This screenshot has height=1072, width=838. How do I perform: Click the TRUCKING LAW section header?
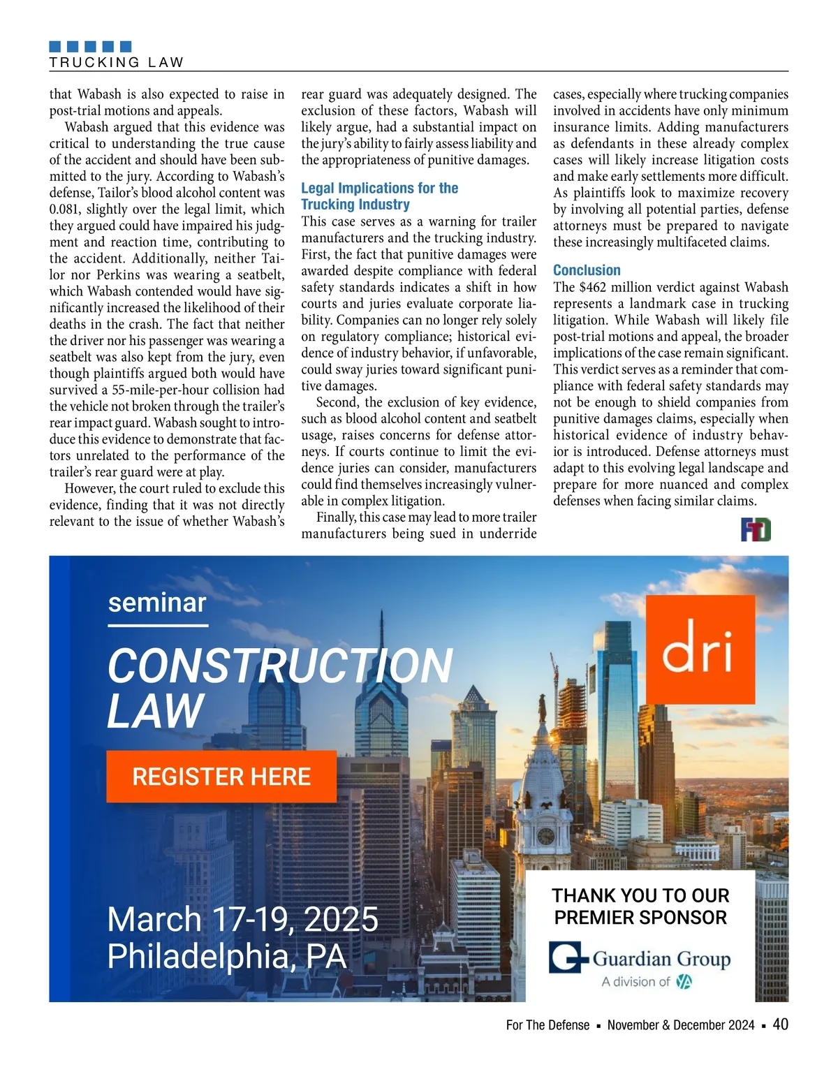(x=117, y=62)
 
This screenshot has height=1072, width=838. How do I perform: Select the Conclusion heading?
(x=587, y=270)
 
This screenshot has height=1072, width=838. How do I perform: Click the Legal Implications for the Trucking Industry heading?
(x=379, y=196)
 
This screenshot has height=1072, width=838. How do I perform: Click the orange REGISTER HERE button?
(x=221, y=777)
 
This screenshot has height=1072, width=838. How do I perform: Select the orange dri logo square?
(x=700, y=649)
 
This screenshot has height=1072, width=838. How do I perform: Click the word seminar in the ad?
(x=157, y=603)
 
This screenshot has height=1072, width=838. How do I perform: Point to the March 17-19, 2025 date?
(x=242, y=919)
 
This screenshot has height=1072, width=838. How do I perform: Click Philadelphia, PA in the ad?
(x=227, y=956)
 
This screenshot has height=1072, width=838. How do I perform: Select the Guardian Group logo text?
(x=661, y=959)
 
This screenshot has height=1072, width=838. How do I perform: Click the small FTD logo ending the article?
(x=756, y=531)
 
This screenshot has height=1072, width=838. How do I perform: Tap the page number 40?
(x=781, y=1025)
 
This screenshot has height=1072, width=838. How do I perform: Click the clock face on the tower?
(x=545, y=835)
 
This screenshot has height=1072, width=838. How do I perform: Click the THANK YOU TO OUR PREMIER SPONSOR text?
(x=640, y=906)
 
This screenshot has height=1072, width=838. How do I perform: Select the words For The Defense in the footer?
(x=547, y=1025)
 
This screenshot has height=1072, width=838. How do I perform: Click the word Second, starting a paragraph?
(x=338, y=402)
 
